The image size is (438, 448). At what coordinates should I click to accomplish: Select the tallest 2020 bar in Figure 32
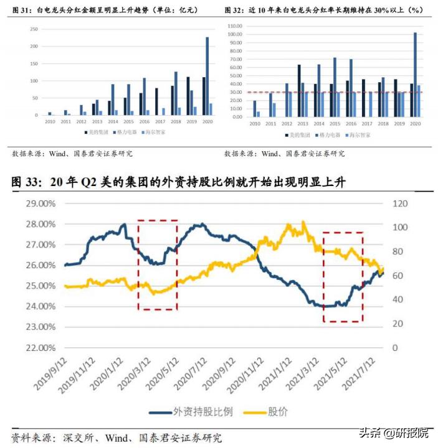pyautogui.click(x=416, y=75)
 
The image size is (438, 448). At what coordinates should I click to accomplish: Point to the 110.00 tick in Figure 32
pyautogui.click(x=235, y=26)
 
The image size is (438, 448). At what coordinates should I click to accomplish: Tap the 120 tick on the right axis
pyautogui.click(x=399, y=203)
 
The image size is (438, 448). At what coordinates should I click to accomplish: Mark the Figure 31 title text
pyautogui.click(x=106, y=10)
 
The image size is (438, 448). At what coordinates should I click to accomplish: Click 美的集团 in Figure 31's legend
pyautogui.click(x=95, y=132)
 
